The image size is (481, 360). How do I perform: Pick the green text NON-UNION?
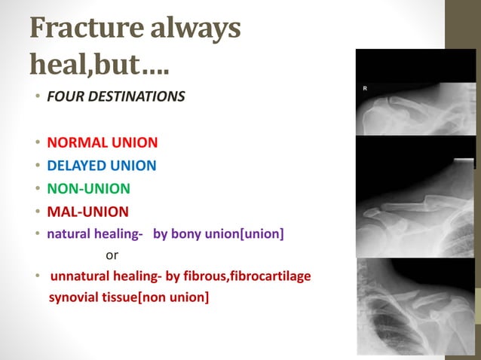(x=88, y=188)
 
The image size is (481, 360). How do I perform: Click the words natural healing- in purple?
(x=95, y=234)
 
